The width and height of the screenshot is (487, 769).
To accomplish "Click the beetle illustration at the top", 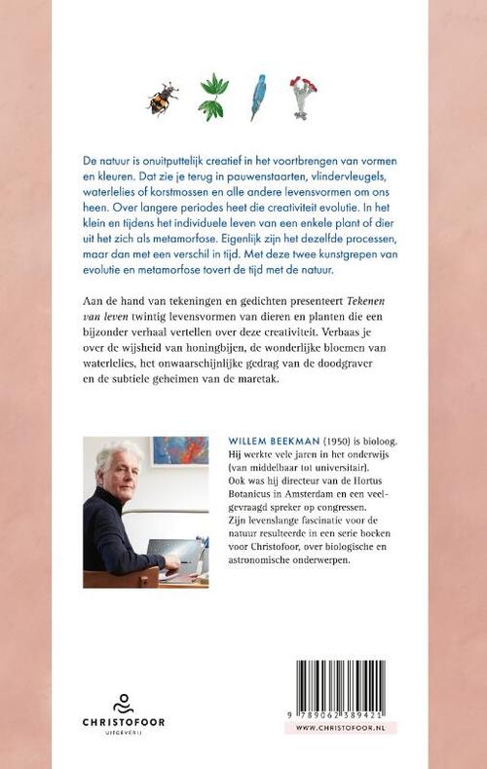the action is click(161, 98).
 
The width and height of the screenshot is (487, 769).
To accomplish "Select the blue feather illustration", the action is click(258, 97).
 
